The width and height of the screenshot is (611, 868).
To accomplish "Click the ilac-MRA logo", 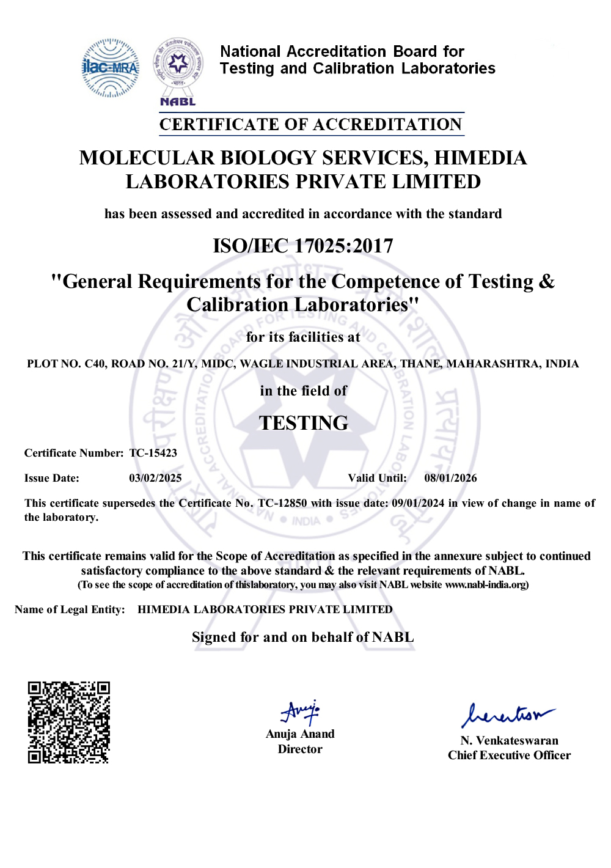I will (111, 68).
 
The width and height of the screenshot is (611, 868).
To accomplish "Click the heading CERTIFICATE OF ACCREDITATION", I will (311, 124).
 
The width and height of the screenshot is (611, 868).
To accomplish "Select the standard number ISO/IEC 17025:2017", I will (303, 246).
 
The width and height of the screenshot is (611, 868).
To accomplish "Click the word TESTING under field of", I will (303, 422).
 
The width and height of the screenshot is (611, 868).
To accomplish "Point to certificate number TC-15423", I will (153, 453).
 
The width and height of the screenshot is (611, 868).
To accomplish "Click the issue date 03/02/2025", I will (155, 478).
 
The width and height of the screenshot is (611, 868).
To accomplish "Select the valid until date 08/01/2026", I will (450, 478).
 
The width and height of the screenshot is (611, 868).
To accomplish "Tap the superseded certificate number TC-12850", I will (282, 503).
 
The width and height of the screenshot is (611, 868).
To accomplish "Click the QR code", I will (68, 722).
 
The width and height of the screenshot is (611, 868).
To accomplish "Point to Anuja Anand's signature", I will (300, 712).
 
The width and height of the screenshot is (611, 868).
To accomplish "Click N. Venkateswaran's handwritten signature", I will (507, 714).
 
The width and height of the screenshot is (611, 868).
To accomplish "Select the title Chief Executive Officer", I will (509, 756).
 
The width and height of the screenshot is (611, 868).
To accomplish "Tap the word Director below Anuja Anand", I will (300, 749).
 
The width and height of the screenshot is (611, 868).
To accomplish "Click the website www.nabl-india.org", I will (486, 585).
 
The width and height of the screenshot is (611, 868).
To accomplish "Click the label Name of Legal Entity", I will (70, 609).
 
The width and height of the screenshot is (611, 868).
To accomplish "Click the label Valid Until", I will (377, 478).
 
